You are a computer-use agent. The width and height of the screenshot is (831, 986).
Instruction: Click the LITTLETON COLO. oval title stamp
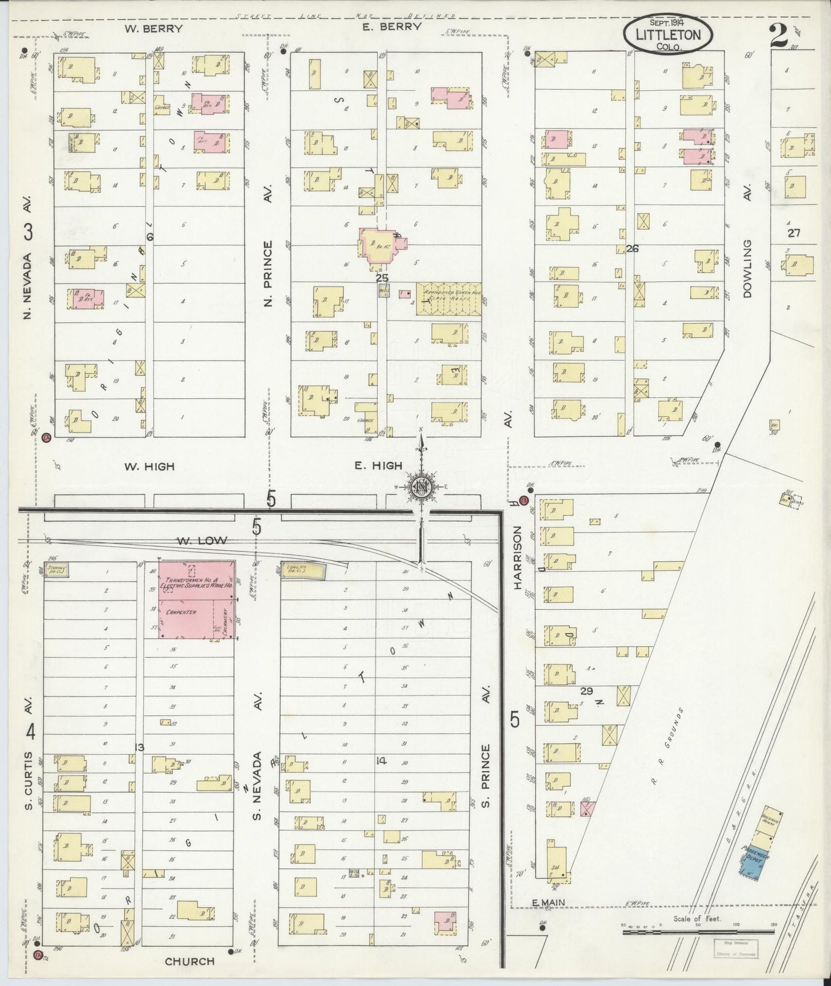(x=668, y=35)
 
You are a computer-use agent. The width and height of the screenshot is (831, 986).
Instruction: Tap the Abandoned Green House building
(x=449, y=299)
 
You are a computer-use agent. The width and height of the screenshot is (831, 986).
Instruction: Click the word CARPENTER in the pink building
(x=181, y=613)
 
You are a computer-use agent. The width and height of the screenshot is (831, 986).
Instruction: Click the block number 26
(x=633, y=249)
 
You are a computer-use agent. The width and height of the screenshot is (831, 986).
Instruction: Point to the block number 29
(x=586, y=691)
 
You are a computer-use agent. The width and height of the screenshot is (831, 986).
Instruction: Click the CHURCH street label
(x=189, y=961)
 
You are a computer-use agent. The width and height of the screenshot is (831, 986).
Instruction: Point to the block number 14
(x=381, y=761)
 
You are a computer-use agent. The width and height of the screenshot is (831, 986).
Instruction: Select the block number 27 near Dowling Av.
(x=794, y=233)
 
